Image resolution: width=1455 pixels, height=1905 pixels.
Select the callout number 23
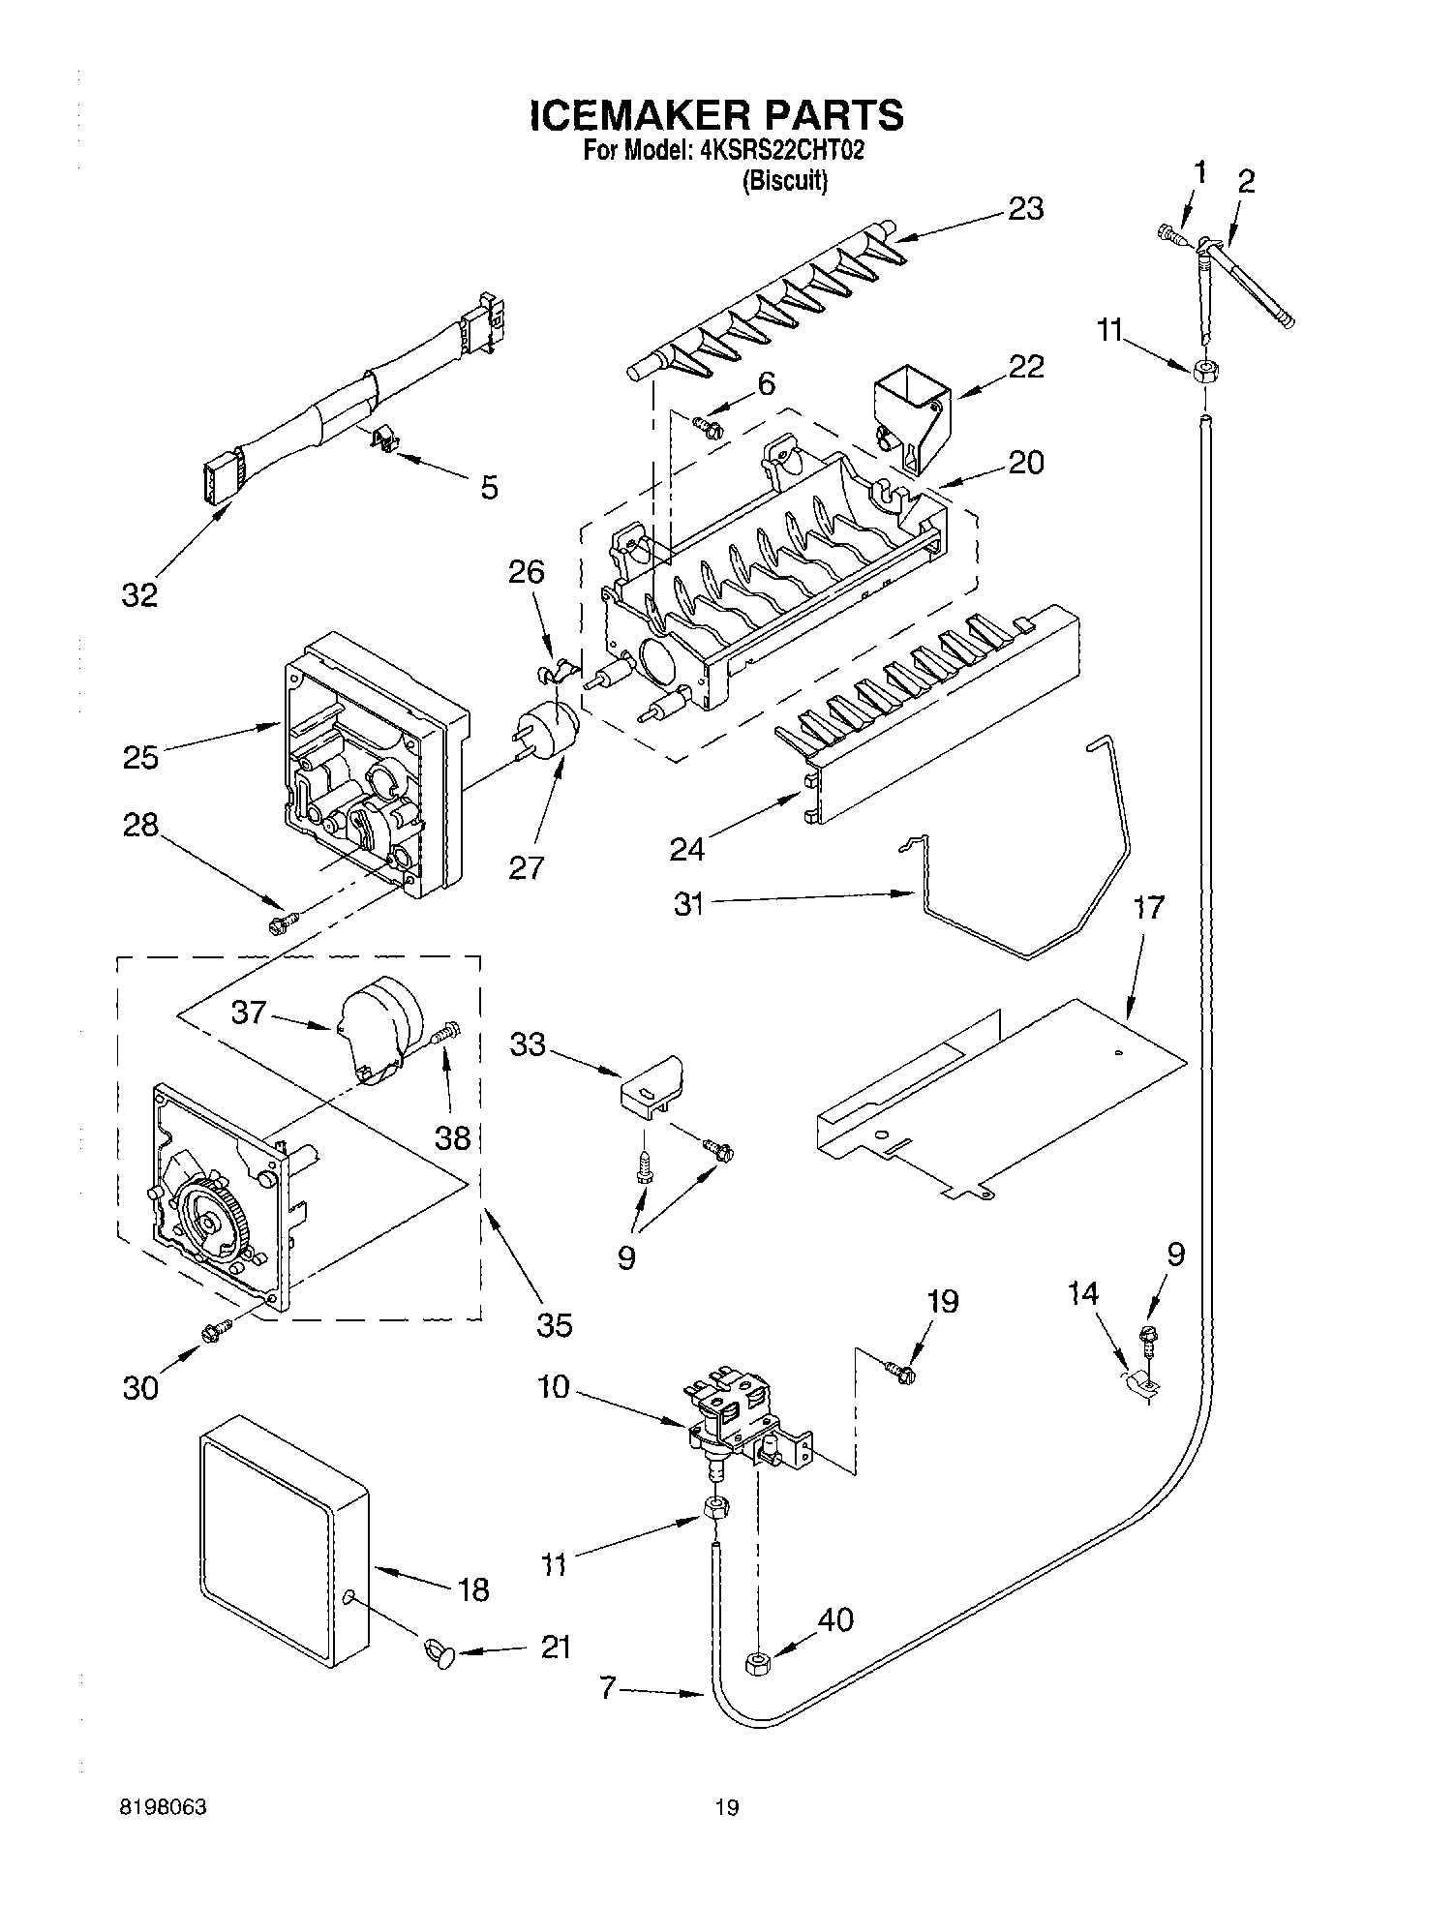(1025, 209)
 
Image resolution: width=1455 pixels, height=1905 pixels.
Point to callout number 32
(139, 595)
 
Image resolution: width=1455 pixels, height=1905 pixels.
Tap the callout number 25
(140, 757)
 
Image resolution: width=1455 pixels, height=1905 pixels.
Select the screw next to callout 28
(281, 924)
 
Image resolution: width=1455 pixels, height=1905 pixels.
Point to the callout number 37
(249, 1013)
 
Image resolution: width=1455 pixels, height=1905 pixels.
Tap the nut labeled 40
(757, 1664)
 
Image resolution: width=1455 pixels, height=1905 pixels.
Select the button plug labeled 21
(440, 1653)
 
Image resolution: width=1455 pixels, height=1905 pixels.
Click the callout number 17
(1148, 908)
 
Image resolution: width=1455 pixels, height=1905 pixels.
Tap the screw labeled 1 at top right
(1174, 233)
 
